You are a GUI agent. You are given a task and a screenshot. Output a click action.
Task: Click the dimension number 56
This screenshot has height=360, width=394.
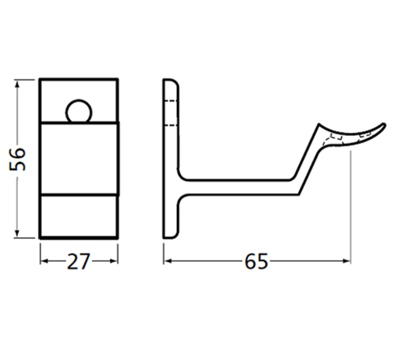pos(18,159)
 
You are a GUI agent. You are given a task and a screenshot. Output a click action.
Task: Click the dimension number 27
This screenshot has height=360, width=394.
pos(79,261)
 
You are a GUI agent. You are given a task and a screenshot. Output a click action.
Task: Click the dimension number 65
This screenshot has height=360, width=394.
pos(256,261)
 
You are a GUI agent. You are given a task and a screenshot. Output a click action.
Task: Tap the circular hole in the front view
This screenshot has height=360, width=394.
pos(79,111)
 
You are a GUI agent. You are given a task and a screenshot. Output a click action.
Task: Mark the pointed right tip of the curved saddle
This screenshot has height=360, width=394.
pos(383,126)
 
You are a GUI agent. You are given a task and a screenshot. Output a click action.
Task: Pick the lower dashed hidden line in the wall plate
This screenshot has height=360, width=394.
pos(170,126)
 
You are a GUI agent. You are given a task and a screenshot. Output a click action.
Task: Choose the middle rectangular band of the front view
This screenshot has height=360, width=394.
pos(79,158)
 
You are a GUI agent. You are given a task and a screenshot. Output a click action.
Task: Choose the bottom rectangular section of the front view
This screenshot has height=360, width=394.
pos(79,216)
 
